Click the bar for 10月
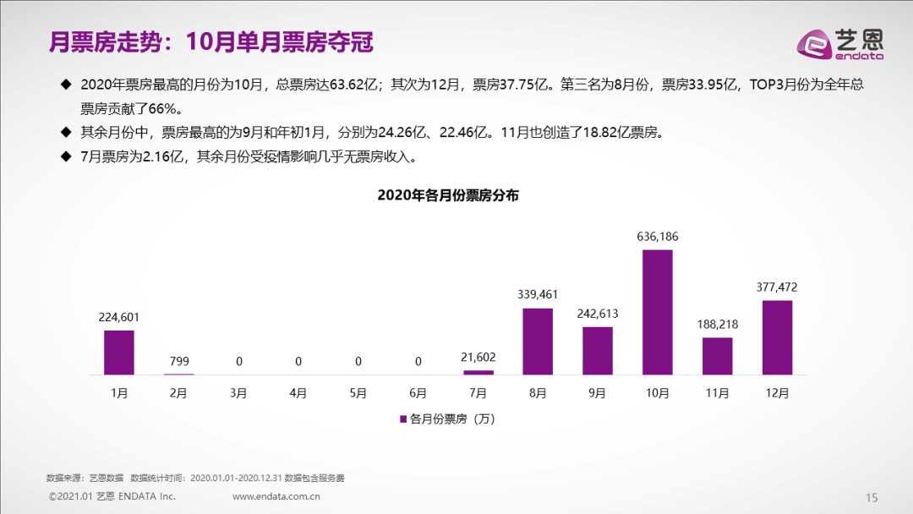pos(658,312)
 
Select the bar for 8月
pos(538,342)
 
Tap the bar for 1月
pos(119,353)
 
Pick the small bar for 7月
pos(478,372)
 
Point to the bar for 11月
pos(717,356)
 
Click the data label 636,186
pos(658,237)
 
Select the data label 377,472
pos(777,287)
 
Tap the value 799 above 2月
pos(178,361)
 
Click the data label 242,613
pos(598,314)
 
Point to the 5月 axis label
pos(358,394)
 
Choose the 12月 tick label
pos(777,394)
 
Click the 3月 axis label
pos(238,394)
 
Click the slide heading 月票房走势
pos(210,41)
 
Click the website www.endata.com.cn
pos(276,496)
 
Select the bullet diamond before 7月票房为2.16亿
pos(66,156)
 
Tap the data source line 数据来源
pos(195,478)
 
